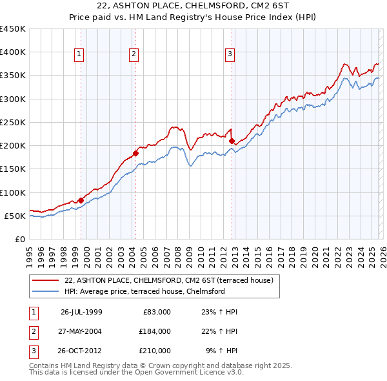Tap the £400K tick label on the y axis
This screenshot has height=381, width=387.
pos(13,52)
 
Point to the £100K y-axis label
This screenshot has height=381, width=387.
pos(13,192)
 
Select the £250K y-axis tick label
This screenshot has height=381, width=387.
pos(13,122)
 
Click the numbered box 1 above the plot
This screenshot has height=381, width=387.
pos(79,55)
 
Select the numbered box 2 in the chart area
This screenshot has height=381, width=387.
pos(134,55)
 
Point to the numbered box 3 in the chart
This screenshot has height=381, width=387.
pos(230,55)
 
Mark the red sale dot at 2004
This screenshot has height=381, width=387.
pos(135,153)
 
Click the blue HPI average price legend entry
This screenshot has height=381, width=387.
pos(144,291)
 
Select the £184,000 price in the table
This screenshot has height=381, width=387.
pos(154,331)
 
